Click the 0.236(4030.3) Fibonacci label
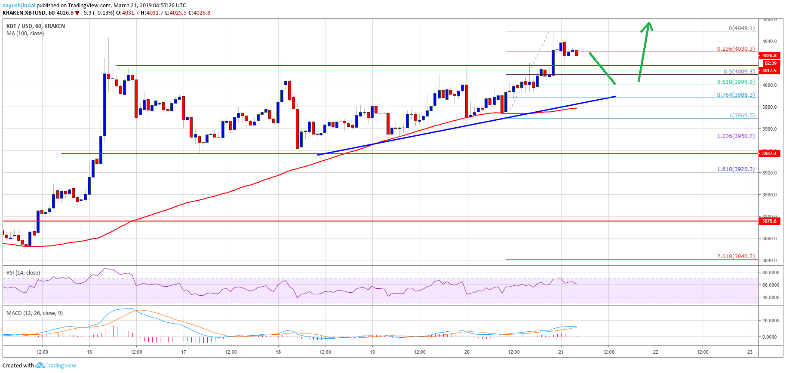(735, 49)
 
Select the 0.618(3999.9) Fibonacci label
(735, 82)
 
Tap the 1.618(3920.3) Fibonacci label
(735, 169)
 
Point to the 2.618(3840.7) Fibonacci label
(735, 257)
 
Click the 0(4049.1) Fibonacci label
(741, 28)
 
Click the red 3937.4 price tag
(769, 153)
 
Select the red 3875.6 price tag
(769, 221)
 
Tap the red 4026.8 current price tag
(769, 55)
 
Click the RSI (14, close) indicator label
(23, 273)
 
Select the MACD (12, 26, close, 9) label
(34, 313)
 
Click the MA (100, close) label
(25, 34)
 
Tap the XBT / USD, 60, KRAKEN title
(36, 26)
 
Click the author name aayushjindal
(19, 6)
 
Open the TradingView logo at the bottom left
(56, 366)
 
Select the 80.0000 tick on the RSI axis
(771, 272)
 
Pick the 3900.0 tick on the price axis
(769, 195)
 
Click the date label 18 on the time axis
(278, 352)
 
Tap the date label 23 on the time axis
(750, 352)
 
